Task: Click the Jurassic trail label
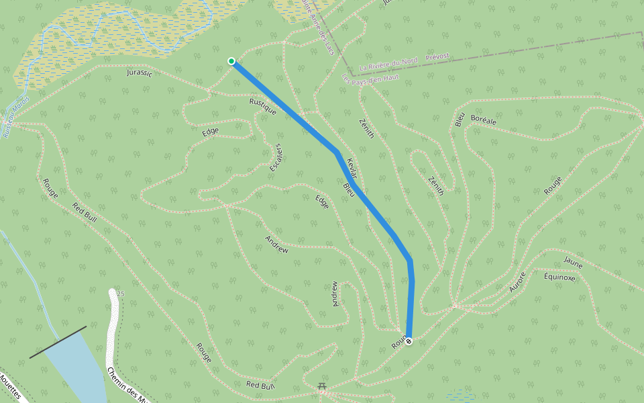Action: click(x=140, y=73)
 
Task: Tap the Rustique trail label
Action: click(x=263, y=106)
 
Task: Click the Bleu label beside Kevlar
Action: click(x=348, y=189)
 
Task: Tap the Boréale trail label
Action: click(x=483, y=120)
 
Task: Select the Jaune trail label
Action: click(x=573, y=264)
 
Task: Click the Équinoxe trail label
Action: click(x=559, y=277)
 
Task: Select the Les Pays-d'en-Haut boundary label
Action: click(x=370, y=78)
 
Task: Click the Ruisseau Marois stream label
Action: click(x=15, y=118)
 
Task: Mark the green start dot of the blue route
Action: click(x=231, y=61)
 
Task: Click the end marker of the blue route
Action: click(x=408, y=341)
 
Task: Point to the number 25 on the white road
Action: click(x=121, y=294)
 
